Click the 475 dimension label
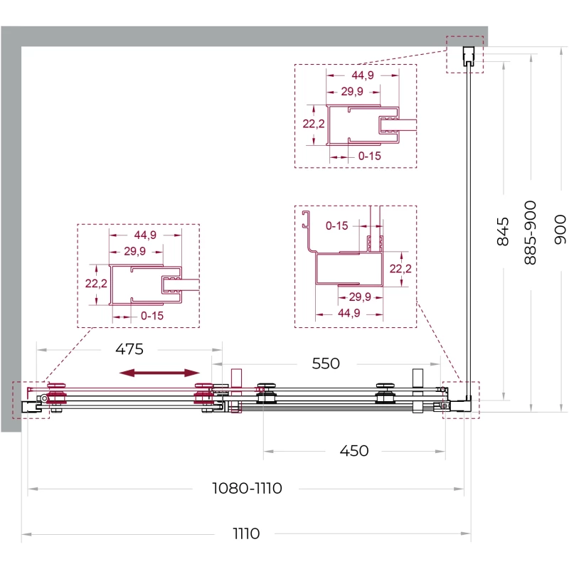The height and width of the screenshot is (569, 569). pos(129,349)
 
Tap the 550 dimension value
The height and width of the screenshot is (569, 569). pos(326,363)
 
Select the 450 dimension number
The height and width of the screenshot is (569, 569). pos(353,451)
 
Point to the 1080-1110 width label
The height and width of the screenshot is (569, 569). pos(247,488)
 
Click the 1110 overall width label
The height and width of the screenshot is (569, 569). pos(246,533)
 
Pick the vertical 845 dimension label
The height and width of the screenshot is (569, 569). pos(503,232)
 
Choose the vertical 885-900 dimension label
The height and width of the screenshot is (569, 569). pos(530,233)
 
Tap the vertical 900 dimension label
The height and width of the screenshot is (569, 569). pos(560,229)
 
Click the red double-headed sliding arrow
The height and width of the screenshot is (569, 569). pos(159,373)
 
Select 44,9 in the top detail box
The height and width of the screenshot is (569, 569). pos(363,75)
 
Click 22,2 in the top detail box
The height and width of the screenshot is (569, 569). pos(314,124)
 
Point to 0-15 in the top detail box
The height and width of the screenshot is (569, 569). pos(369,156)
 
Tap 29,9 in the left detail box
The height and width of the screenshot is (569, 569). pos(134,251)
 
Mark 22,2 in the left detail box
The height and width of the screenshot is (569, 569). pos(96,283)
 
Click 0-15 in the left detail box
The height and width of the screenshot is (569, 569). pos(152,316)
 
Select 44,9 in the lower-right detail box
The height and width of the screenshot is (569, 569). pos(349,313)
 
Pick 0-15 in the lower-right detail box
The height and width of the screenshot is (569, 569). pos(336,225)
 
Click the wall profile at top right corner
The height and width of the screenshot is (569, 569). pos(469,56)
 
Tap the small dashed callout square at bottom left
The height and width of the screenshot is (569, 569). pos(31,400)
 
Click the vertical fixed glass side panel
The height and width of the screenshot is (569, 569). pos(469,233)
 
